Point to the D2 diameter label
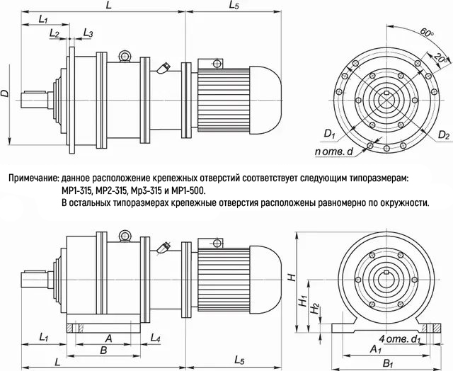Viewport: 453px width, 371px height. [443, 133]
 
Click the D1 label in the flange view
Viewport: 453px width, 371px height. [328, 133]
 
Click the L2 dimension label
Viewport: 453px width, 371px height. [55, 33]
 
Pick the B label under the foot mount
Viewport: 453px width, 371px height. [103, 350]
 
